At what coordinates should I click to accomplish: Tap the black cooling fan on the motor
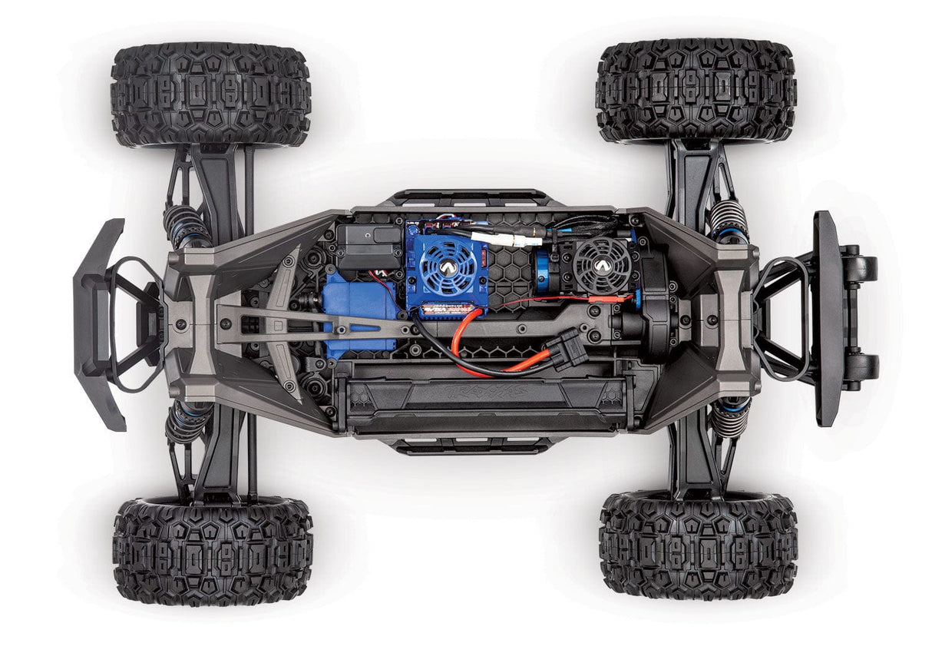602,264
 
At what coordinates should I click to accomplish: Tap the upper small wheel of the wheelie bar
859,267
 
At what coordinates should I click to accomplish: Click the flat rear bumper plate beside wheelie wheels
828,317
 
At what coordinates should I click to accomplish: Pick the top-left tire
210,94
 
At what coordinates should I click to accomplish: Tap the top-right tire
696,91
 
